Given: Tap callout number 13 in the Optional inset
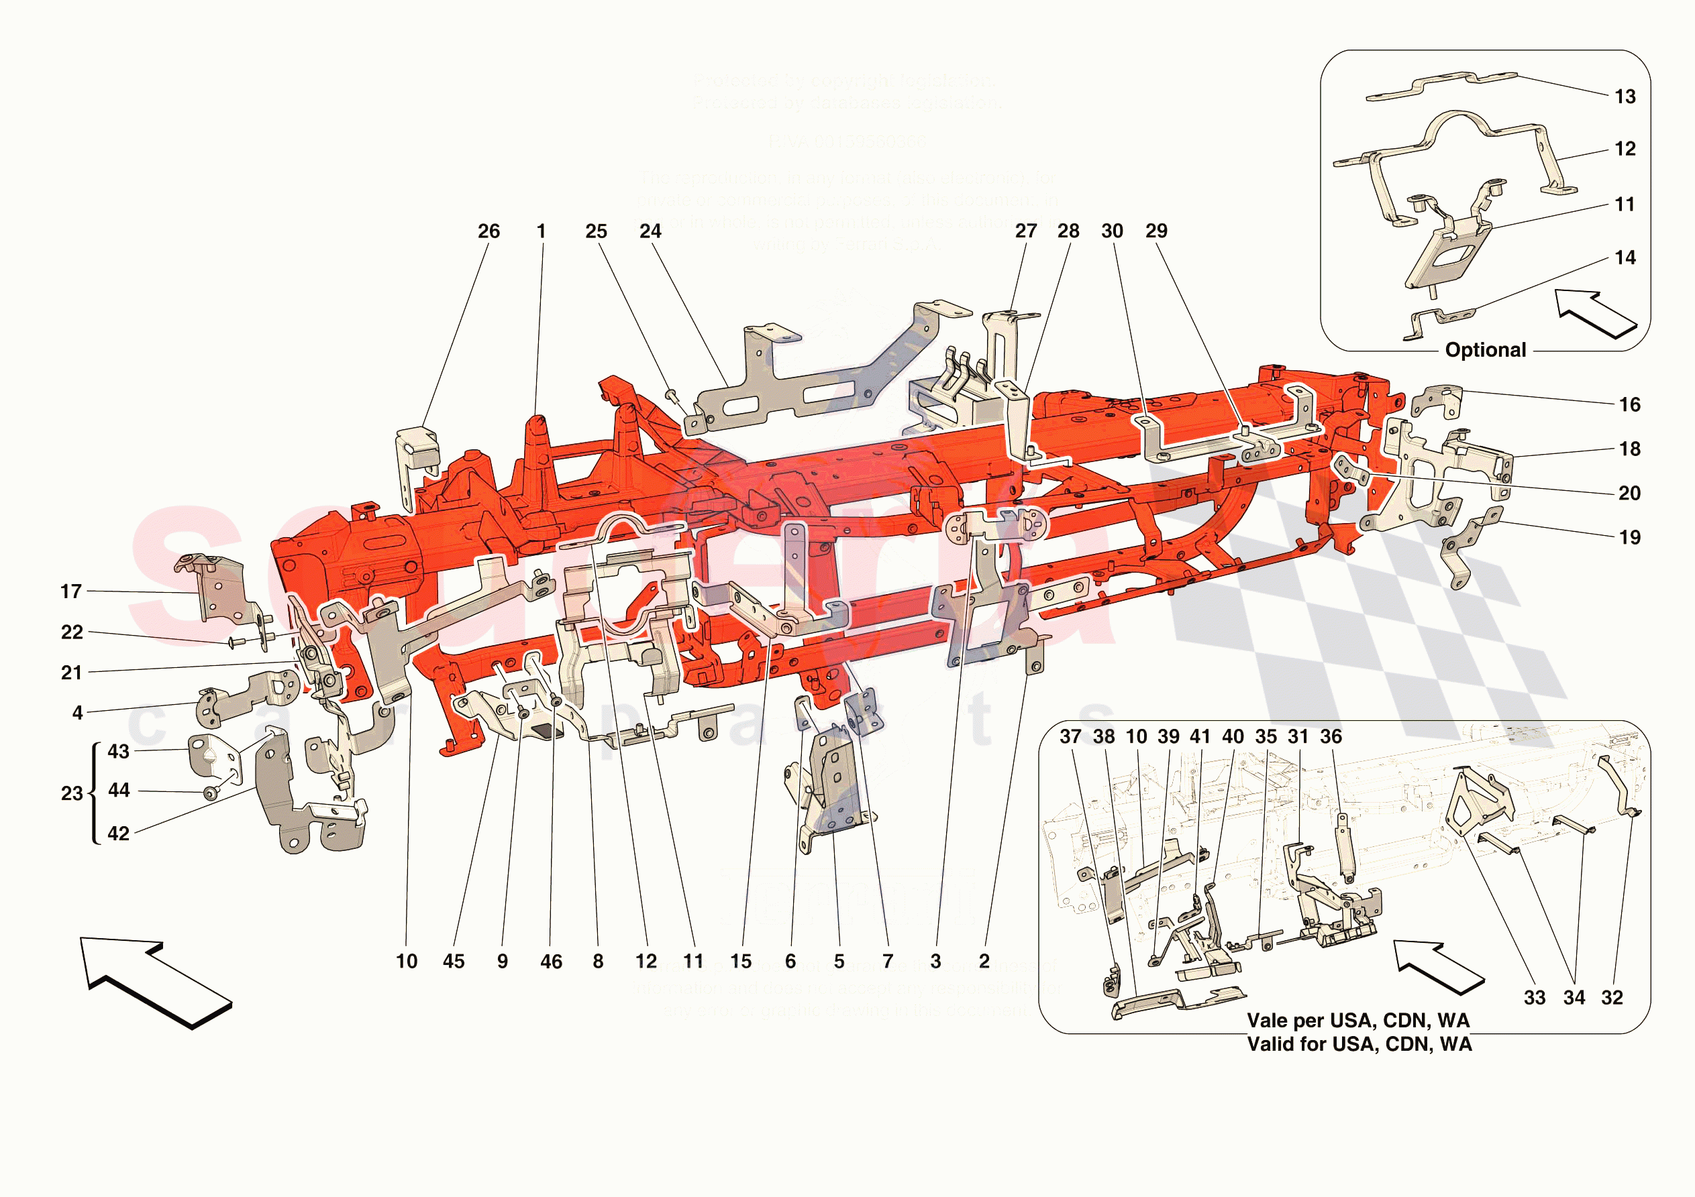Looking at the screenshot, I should pos(1625,97).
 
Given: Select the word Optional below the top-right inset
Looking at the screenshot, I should pos(1486,350).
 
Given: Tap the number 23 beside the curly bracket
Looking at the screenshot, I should pos(71,793).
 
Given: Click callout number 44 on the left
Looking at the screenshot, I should pos(119,790).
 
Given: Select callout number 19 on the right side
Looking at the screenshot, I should pos(1629,537).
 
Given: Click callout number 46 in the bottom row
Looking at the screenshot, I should pos(551,961).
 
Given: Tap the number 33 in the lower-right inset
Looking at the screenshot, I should pos(1534,998).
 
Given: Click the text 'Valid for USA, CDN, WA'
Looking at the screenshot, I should pos(1359,1044).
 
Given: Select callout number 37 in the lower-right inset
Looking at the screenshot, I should pos(1070,736).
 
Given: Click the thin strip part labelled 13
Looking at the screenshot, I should pos(1439,86).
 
